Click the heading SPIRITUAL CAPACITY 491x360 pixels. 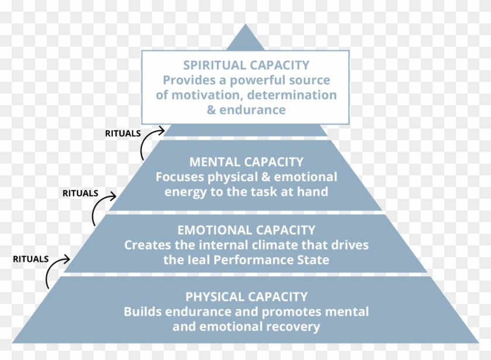pyautogui.click(x=246, y=65)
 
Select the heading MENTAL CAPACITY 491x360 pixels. pyautogui.click(x=246, y=161)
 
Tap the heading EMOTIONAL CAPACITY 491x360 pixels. pyautogui.click(x=246, y=230)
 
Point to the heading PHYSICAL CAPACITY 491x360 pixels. pyautogui.click(x=246, y=297)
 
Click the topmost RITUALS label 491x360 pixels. pyautogui.click(x=123, y=133)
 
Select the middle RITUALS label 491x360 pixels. pyautogui.click(x=80, y=193)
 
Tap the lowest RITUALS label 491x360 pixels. pyautogui.click(x=30, y=259)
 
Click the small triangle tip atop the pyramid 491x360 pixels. pyautogui.click(x=246, y=39)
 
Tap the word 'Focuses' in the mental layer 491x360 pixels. pyautogui.click(x=177, y=176)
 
